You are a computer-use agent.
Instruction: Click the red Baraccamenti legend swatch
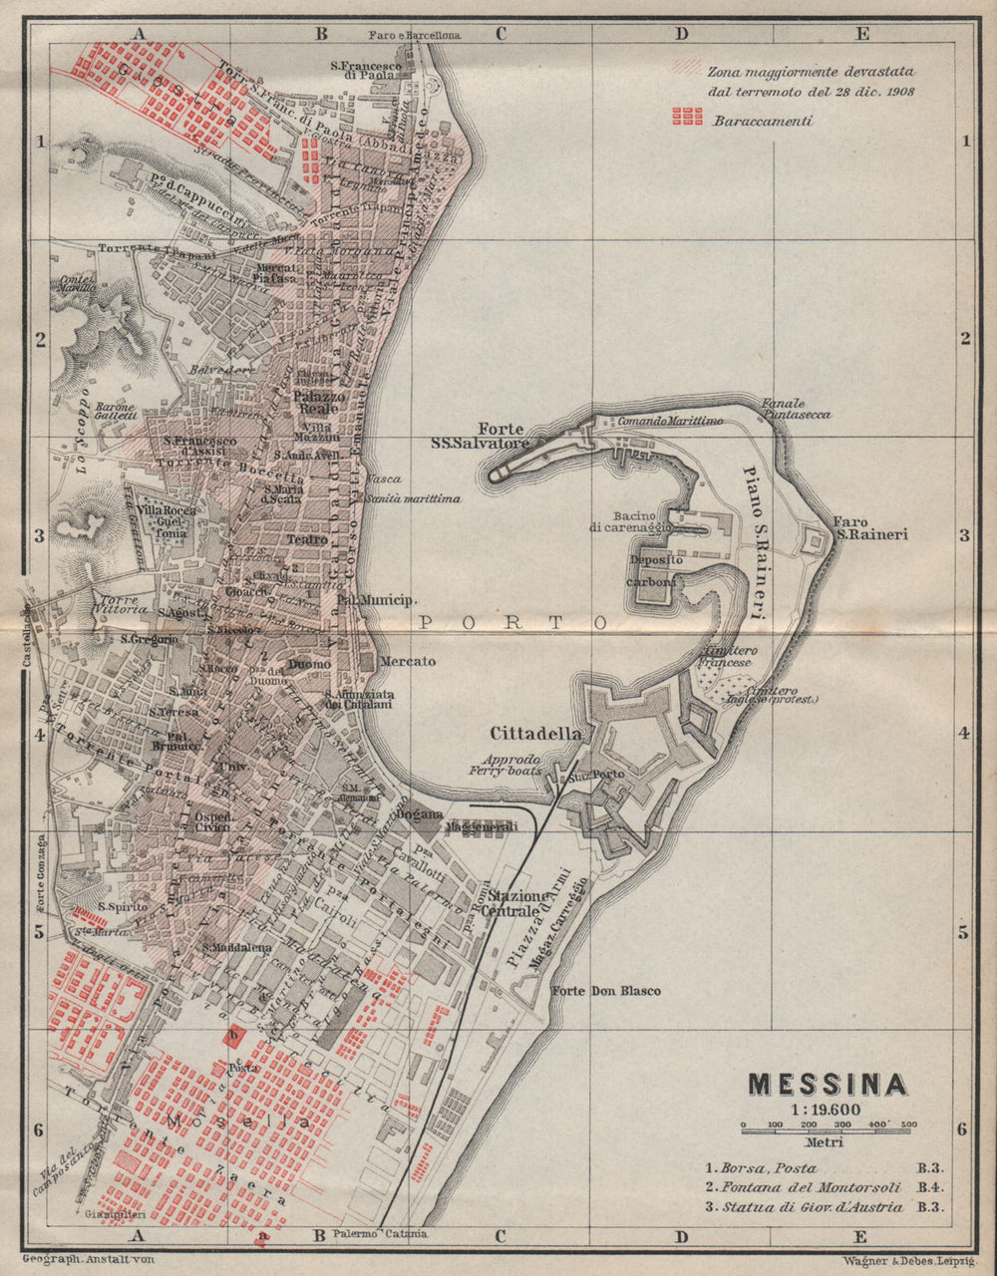688,118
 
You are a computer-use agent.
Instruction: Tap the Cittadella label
535,733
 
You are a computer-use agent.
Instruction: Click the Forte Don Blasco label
605,991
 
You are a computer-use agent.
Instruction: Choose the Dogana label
424,813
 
